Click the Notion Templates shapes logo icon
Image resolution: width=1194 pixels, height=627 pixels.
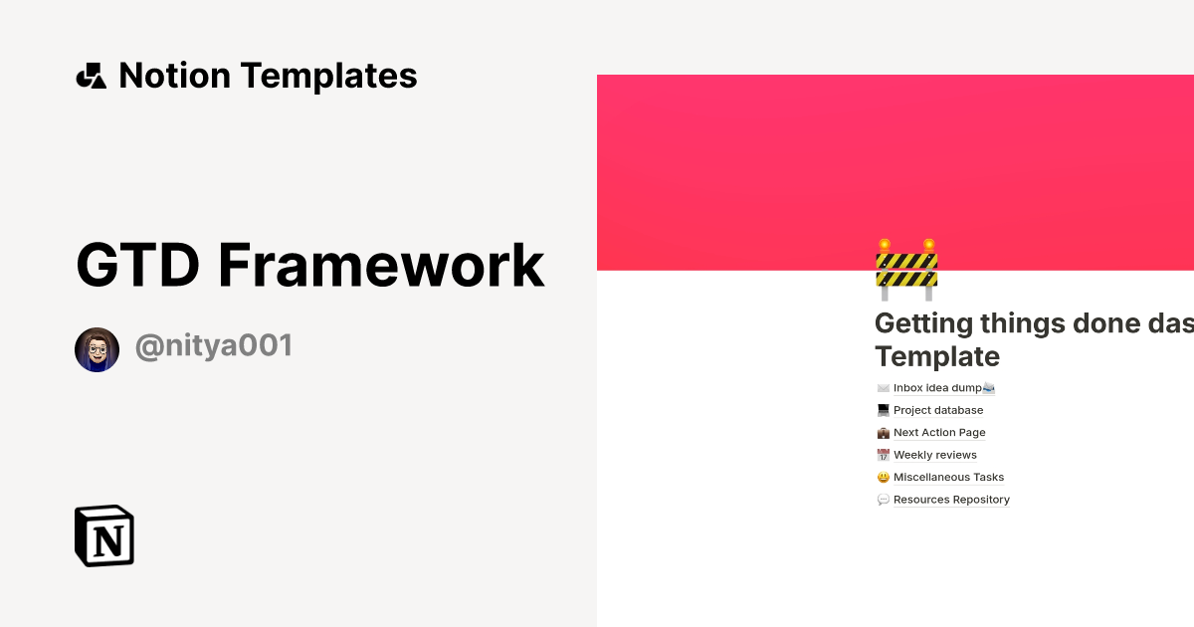click(91, 76)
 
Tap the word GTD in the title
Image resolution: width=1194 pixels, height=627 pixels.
click(137, 265)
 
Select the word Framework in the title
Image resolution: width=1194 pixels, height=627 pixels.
click(381, 265)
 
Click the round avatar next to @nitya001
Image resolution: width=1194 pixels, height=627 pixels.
click(98, 349)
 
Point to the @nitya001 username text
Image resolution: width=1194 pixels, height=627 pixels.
click(214, 346)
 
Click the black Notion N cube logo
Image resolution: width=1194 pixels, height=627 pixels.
click(104, 535)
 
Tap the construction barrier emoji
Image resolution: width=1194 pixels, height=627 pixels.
click(906, 270)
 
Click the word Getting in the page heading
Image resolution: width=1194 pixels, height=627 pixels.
click(940, 323)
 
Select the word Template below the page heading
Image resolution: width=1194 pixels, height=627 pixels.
click(936, 356)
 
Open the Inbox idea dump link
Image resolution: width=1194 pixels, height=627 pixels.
click(936, 388)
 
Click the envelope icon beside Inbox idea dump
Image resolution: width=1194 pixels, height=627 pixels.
click(883, 388)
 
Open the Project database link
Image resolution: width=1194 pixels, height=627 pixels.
click(937, 410)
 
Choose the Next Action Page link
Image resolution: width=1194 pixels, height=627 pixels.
click(939, 433)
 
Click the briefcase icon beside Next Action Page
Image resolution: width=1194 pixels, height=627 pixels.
click(883, 433)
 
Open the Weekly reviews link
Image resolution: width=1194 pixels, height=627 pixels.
click(934, 455)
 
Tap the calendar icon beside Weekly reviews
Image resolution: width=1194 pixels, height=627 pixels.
click(883, 455)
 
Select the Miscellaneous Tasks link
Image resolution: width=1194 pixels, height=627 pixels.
click(948, 478)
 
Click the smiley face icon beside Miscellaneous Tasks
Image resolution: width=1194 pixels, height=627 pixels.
click(883, 478)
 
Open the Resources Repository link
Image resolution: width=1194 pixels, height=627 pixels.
click(951, 500)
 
